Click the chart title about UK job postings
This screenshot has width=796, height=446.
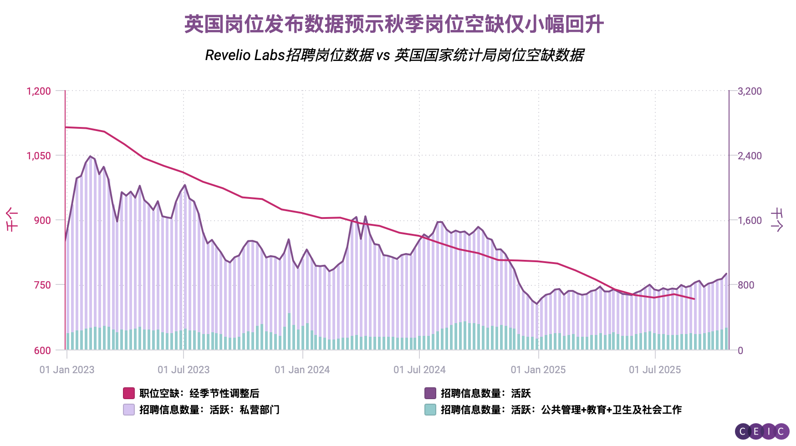click(x=394, y=24)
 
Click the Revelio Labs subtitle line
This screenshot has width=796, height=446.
click(x=394, y=55)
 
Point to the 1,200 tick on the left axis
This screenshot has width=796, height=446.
click(x=39, y=91)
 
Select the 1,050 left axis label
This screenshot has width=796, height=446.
click(x=39, y=156)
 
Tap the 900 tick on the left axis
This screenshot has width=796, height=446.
click(x=42, y=220)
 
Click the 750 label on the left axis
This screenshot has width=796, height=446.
click(x=42, y=285)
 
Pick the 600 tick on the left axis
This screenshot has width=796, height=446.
click(x=42, y=350)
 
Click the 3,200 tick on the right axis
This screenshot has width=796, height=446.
click(x=750, y=91)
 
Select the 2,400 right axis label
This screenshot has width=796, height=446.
click(x=750, y=156)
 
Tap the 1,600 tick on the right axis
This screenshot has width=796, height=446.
click(x=750, y=220)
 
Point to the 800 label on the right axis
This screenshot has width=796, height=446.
click(x=746, y=285)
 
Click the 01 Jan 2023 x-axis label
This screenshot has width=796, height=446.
click(x=67, y=370)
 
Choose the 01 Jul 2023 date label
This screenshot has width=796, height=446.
click(x=184, y=370)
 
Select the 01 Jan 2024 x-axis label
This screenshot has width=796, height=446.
click(x=302, y=370)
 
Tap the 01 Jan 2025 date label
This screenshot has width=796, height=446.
click(x=538, y=370)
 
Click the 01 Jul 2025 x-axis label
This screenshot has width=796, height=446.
click(x=655, y=370)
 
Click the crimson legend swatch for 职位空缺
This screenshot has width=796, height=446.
click(x=129, y=393)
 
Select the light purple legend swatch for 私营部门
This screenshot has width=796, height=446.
click(x=129, y=410)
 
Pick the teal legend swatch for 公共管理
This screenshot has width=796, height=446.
click(x=430, y=410)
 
